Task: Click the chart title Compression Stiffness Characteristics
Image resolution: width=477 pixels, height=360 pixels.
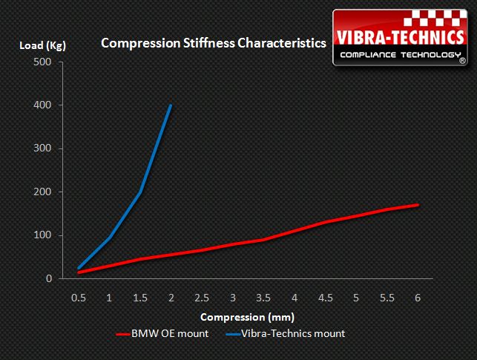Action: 213,43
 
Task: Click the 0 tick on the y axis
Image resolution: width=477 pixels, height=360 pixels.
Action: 47,279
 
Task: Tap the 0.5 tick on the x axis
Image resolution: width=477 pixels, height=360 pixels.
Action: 78,298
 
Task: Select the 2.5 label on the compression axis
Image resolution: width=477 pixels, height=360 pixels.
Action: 202,298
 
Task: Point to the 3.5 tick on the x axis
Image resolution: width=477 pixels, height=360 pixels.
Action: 263,298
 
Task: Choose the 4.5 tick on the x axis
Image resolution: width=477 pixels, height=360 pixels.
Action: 325,298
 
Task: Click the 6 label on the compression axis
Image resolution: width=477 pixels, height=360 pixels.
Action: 418,298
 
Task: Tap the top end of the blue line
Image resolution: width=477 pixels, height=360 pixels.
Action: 171,105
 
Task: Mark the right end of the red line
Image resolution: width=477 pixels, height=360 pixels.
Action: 418,205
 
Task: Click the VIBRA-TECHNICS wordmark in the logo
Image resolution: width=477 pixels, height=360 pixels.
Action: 401,38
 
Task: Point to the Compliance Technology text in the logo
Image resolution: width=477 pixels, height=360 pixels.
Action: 398,56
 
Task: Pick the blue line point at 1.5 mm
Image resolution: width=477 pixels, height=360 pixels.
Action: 140,192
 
